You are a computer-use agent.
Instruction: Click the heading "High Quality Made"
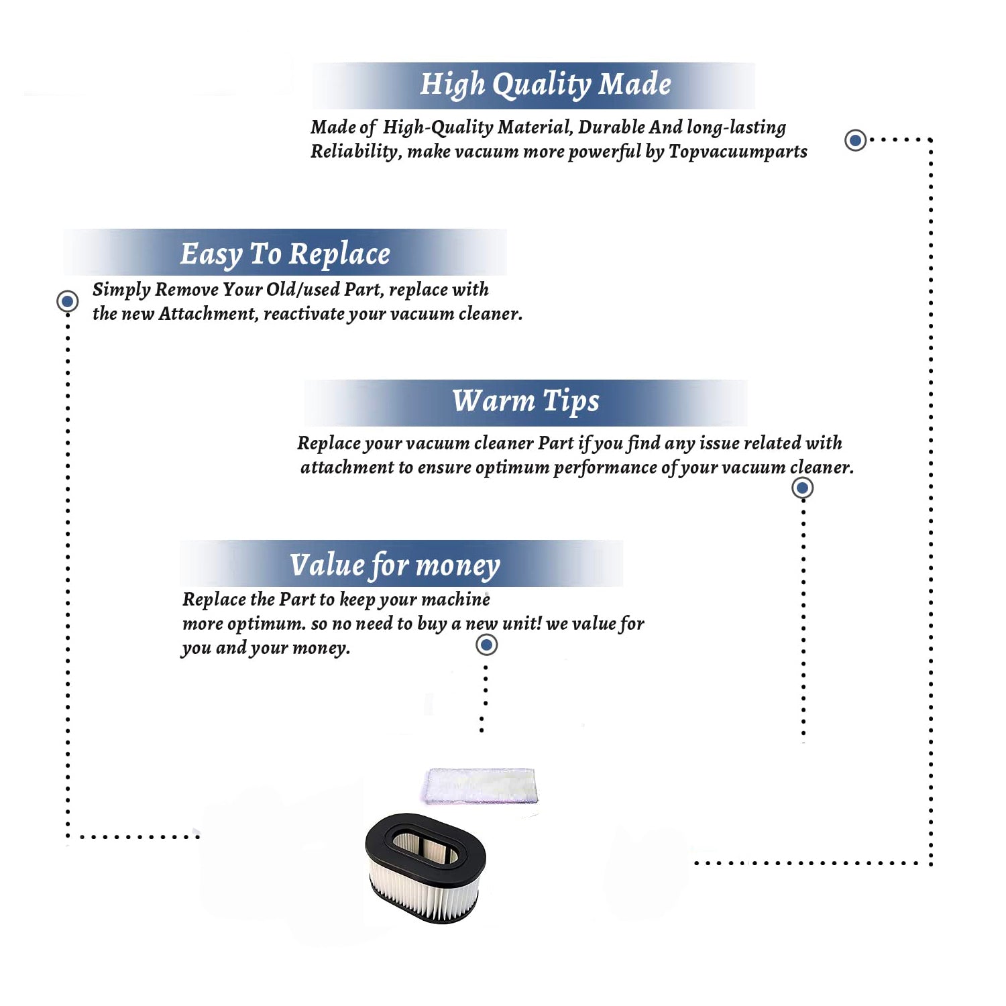[x=545, y=85]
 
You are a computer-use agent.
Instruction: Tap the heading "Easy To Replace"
[x=285, y=255]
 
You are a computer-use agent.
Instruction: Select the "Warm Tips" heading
[x=526, y=402]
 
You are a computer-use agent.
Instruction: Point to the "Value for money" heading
[x=395, y=565]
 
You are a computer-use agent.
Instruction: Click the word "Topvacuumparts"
[x=738, y=152]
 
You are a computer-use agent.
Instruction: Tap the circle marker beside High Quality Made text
[x=855, y=140]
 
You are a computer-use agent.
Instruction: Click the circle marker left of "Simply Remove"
[x=67, y=301]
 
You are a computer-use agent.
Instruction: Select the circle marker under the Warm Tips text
[x=802, y=488]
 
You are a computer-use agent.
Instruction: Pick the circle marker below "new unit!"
[x=486, y=645]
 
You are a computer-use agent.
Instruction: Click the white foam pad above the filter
[x=480, y=785]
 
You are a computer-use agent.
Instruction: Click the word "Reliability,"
[x=356, y=152]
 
